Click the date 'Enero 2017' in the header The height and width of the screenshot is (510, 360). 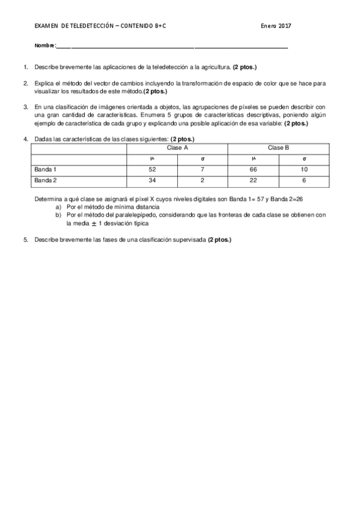(276, 26)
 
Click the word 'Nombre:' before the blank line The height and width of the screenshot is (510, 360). (44, 46)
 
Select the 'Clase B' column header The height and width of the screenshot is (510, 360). (278, 147)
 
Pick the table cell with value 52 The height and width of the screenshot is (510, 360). (151, 170)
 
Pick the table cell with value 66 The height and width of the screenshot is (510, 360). (253, 170)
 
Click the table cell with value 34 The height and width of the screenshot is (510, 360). (151, 180)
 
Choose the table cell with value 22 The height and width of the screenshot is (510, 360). (253, 180)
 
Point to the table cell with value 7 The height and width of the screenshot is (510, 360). (203, 170)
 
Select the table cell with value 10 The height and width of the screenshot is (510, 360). (304, 170)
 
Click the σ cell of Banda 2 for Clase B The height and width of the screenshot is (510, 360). (304, 180)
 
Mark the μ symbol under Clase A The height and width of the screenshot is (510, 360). (151, 159)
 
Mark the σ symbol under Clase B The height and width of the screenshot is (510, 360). (304, 159)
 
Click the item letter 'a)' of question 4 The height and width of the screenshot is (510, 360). (58, 206)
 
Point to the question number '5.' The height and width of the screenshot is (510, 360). (26, 239)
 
